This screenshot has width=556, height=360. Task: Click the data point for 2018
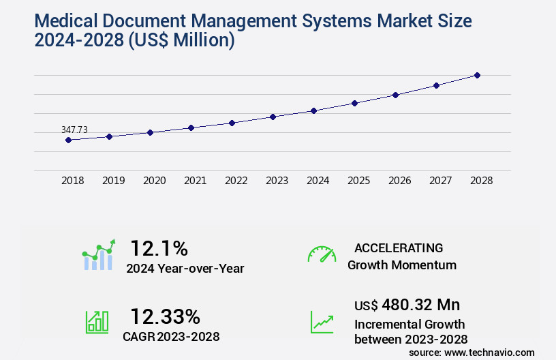tap(68, 140)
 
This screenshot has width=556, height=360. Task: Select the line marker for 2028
tap(477, 75)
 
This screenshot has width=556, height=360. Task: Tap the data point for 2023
tap(273, 117)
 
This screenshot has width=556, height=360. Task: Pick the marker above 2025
tap(354, 103)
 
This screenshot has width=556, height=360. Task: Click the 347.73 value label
tap(74, 130)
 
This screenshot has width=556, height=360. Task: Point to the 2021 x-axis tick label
tap(195, 181)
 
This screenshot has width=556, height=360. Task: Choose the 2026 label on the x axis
tap(399, 181)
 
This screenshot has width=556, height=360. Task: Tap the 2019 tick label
tap(113, 181)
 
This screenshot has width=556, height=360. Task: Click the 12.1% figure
tap(159, 247)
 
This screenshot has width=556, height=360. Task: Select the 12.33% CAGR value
tap(165, 316)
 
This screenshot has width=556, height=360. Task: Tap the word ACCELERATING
tap(399, 248)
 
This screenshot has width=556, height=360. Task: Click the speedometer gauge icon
tap(322, 254)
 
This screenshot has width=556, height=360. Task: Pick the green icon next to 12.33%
tap(97, 321)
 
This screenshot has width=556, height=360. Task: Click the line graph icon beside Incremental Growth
tap(322, 321)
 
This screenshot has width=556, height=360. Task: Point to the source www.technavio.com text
tap(472, 352)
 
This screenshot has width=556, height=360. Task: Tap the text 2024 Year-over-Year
tap(185, 269)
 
